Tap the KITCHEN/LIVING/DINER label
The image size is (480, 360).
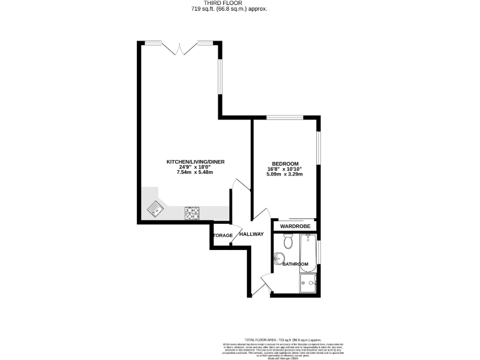195,162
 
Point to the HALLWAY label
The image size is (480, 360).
252,234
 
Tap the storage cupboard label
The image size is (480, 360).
222,236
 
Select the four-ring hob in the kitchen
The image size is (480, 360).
192,213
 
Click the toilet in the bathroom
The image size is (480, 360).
287,241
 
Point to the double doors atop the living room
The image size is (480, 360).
180,47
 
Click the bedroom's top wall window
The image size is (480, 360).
285,117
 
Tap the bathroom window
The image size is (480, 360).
318,251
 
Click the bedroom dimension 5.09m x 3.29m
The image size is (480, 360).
285,174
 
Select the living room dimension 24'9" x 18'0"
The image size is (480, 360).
195,167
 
